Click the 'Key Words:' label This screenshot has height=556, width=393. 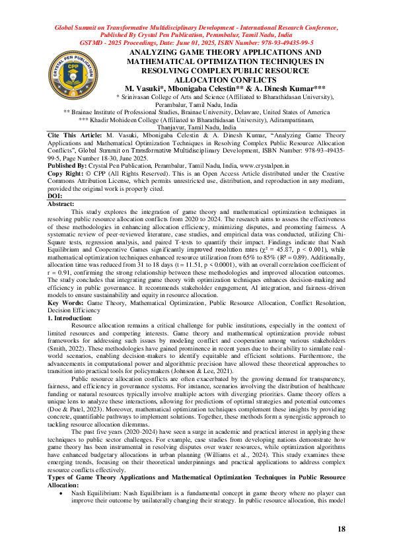pos(65,303)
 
